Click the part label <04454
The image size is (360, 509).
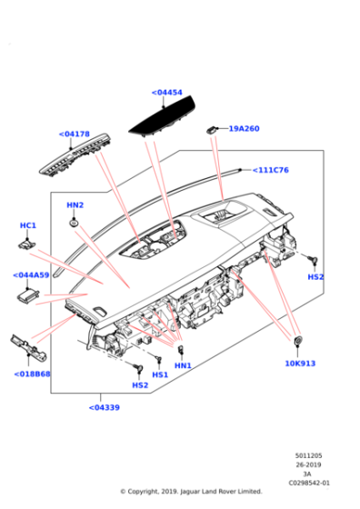tap(167, 93)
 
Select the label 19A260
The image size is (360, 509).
tap(245, 128)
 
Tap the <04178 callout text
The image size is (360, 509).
tap(74, 135)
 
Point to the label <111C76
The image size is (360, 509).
tap(270, 170)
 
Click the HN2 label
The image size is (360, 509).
tap(75, 205)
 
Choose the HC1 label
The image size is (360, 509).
tap(28, 225)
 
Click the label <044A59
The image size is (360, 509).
tap(31, 275)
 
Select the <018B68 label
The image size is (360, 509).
tap(32, 374)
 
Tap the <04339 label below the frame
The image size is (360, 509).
tap(105, 407)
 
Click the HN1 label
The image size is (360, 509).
tap(183, 365)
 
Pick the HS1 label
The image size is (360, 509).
tap(160, 374)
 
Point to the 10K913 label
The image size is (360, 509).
tap(300, 364)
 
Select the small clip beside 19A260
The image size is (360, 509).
tap(211, 129)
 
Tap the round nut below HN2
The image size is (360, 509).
tap(74, 224)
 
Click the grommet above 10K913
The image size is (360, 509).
tap(297, 341)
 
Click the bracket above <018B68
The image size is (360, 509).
tap(28, 347)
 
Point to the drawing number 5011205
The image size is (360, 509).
tap(308, 455)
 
